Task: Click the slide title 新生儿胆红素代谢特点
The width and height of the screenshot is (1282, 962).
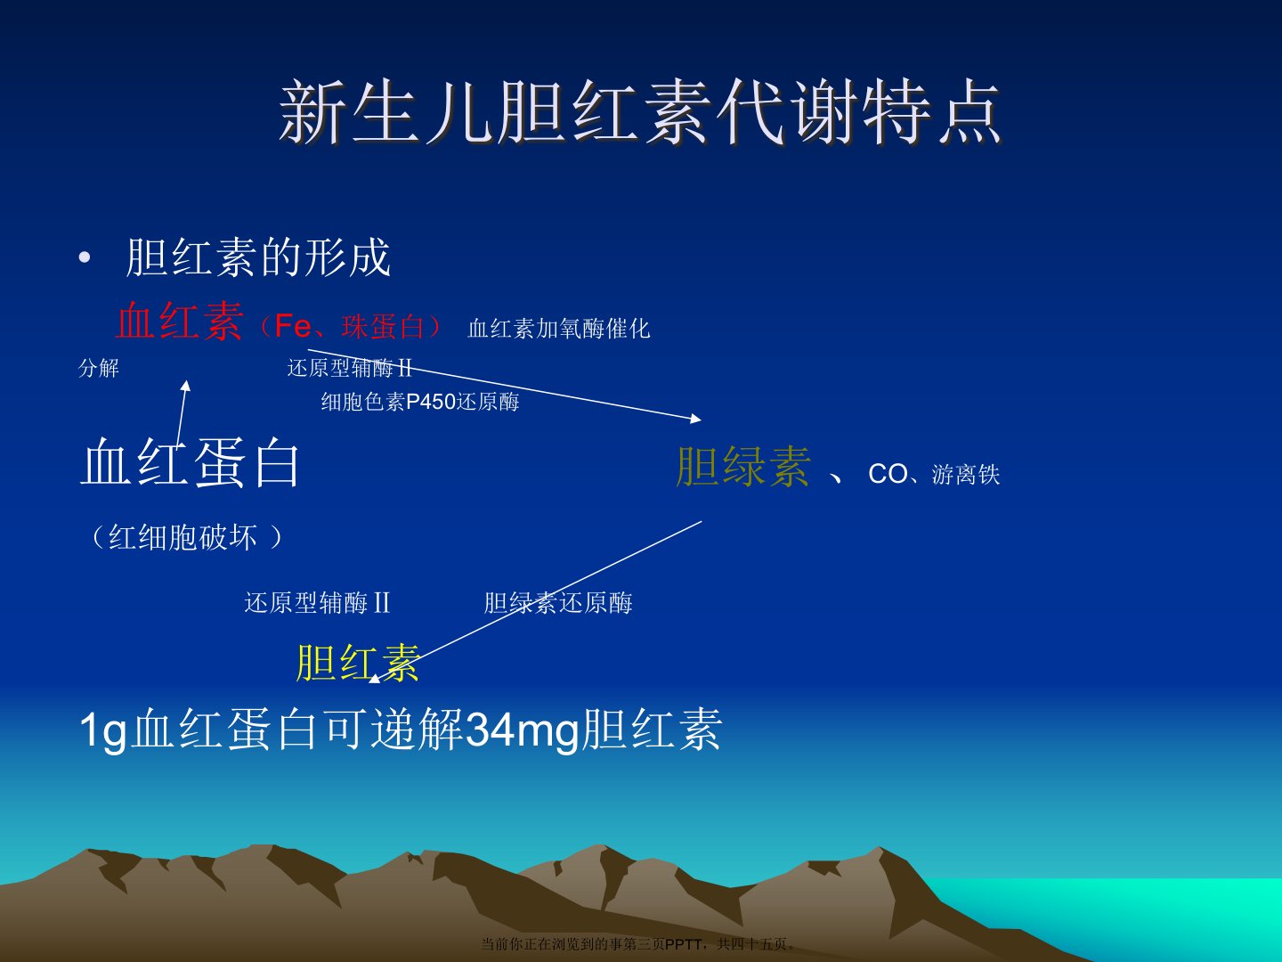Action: pos(640,112)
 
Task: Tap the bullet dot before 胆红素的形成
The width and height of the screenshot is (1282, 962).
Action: pos(85,257)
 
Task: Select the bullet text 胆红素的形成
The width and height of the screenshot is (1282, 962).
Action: pos(258,257)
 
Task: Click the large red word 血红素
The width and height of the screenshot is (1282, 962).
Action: pos(179,321)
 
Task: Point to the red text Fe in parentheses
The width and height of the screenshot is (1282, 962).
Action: pos(293,326)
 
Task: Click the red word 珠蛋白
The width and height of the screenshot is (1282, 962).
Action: pos(383,327)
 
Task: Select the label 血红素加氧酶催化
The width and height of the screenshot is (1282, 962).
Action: pos(559,329)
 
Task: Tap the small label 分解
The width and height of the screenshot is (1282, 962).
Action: pos(99,368)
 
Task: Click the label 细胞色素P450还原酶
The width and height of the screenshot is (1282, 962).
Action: pos(420,402)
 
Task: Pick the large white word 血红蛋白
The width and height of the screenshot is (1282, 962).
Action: pos(191,463)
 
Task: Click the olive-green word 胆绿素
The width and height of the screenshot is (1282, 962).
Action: pos(743,466)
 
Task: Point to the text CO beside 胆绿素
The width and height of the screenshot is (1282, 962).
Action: pos(888,474)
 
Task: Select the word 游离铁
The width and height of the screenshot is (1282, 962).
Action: pos(966,474)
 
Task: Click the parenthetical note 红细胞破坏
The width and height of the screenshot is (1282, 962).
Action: pos(183,537)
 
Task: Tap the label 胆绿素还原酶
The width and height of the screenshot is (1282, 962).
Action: pos(558,603)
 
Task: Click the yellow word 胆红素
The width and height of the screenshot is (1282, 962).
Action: pos(358,663)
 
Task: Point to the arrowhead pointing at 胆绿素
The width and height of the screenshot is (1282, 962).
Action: pos(695,419)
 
